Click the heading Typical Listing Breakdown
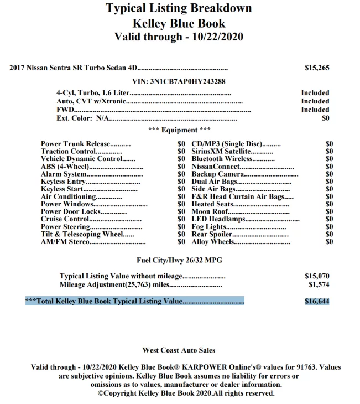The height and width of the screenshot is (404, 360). [x=179, y=8]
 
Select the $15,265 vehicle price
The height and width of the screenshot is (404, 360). [x=317, y=68]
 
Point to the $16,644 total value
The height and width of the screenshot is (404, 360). [x=317, y=301]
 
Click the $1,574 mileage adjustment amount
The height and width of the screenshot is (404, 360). [x=319, y=284]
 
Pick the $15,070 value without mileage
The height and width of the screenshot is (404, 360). [x=317, y=275]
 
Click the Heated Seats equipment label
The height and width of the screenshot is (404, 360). [x=213, y=204]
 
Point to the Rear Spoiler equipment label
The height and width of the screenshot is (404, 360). [x=212, y=234]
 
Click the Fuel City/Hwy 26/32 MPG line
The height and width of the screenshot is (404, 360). [x=180, y=260]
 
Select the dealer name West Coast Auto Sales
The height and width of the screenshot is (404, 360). [x=179, y=350]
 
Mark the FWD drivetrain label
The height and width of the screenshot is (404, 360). [x=65, y=110]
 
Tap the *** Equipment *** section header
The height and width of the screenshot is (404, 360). [x=180, y=130]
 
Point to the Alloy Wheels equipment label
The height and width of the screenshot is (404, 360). [x=212, y=242]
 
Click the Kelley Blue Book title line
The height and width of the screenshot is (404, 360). [x=179, y=23]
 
